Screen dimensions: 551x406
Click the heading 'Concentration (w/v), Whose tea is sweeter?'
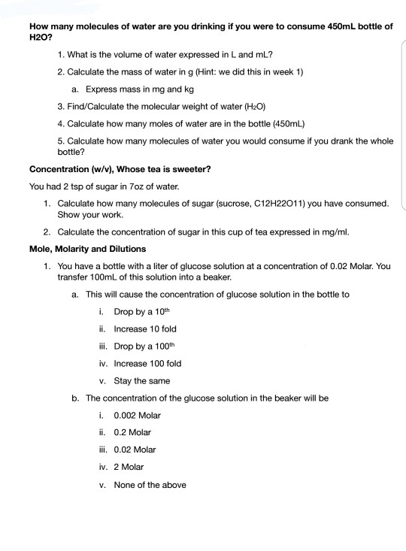(x=120, y=168)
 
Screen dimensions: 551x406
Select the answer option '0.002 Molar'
(x=137, y=415)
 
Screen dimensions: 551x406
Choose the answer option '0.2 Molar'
(x=132, y=432)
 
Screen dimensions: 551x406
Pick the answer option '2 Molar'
(x=128, y=467)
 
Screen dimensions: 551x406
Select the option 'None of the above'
(x=150, y=484)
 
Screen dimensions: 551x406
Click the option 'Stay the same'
(x=142, y=380)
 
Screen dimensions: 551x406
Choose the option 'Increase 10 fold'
(x=145, y=328)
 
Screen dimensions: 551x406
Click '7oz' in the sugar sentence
(x=135, y=186)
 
